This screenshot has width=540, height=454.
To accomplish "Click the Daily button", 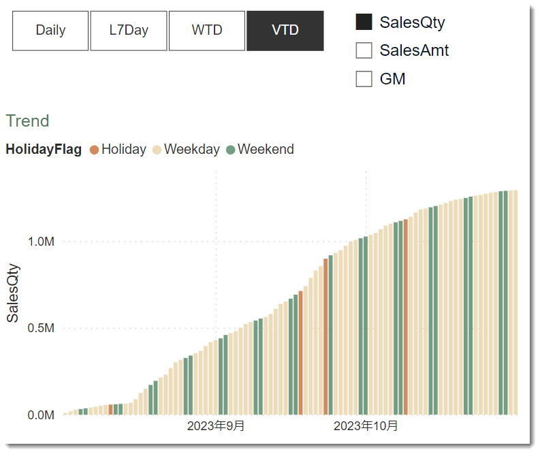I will pos(50,31).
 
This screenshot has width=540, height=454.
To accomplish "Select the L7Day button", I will pos(129,31).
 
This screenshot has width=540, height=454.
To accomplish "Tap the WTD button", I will pos(207,31).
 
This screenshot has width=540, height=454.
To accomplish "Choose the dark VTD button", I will pos(285,31).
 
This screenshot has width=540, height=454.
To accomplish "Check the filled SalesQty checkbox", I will pos(364,22).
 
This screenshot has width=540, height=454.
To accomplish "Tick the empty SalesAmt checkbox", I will pos(364,50).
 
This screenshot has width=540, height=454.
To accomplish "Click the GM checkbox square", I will pos(364,79).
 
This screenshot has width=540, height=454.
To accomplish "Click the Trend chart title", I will pos(28,121).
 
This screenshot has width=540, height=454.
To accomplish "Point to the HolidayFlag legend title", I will pos(44,150).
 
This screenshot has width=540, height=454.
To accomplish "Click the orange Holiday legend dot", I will pos(94,150).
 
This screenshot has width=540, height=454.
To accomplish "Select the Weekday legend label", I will pos(191,150).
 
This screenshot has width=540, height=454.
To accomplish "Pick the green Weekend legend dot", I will pos(230,150).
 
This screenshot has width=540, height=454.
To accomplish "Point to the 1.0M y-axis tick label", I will pos(40,242).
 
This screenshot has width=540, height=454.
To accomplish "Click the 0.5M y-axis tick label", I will pos(40,328).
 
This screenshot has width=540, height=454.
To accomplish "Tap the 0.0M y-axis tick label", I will pos(40,415).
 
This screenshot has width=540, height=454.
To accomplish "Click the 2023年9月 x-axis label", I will pos(216,426).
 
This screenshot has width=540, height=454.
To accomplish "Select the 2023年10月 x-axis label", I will pos(366,426).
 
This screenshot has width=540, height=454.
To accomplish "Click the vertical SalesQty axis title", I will pos(13,293).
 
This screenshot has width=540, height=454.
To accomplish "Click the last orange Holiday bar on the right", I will pos(406,317).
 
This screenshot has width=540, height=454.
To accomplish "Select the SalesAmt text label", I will pos(414,50).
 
